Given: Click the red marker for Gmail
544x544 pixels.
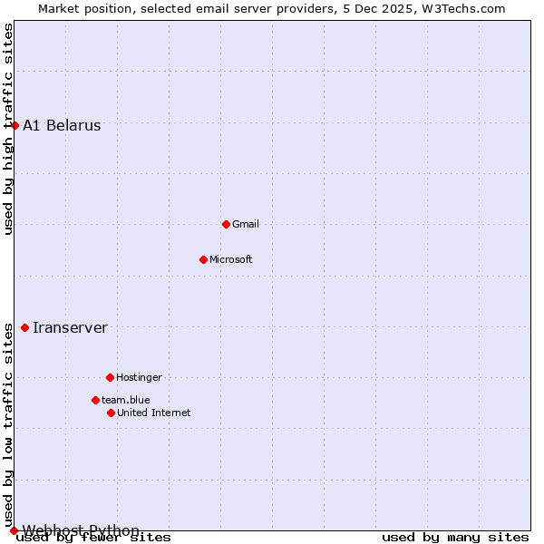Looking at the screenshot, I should (226, 224).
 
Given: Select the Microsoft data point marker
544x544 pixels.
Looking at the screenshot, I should (203, 259).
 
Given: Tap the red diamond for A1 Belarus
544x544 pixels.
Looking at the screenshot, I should (15, 125).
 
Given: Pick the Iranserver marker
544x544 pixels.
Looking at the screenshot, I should (24, 327).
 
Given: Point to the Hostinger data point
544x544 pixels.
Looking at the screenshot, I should (110, 377).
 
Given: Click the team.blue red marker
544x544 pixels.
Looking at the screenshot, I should (95, 400).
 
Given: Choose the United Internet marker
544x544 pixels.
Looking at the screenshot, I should (111, 413).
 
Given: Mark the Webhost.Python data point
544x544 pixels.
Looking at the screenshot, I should (14, 530).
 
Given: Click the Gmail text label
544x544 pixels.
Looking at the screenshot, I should (246, 224).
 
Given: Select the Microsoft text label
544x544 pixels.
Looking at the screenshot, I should (231, 259).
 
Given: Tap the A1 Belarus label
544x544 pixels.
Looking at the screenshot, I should (62, 126).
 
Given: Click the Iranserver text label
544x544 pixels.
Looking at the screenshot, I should (70, 328).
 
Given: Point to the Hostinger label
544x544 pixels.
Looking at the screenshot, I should (139, 377).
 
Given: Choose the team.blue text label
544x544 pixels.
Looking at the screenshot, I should (126, 400).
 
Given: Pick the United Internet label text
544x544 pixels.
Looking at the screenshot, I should (154, 413).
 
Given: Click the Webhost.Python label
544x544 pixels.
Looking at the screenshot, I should (81, 530).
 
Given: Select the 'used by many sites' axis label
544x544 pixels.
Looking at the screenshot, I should (455, 538).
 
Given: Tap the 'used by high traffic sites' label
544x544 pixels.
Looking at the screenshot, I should (8, 129).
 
